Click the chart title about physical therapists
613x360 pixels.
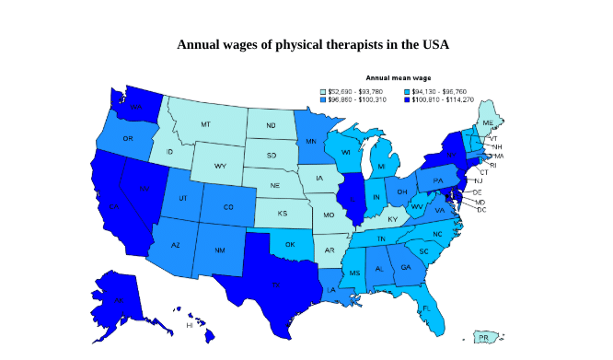[x=312, y=44]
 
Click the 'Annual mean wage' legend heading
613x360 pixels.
[x=398, y=78]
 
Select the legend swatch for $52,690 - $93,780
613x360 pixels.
[x=323, y=92]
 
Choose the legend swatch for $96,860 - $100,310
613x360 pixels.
[x=323, y=99]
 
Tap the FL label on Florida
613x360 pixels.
[x=426, y=308]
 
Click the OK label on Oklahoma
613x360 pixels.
[x=290, y=245]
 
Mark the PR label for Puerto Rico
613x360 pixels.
[x=483, y=338]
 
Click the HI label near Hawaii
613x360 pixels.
[x=190, y=325]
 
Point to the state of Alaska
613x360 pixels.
[x=120, y=299]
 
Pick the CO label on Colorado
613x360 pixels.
[x=228, y=207]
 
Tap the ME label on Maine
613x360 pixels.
[x=488, y=122]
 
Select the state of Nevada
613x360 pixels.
[x=143, y=189]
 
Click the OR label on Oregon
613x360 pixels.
[x=128, y=139]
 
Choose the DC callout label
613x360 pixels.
[x=481, y=210]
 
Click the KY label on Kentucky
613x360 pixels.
[x=393, y=219]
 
